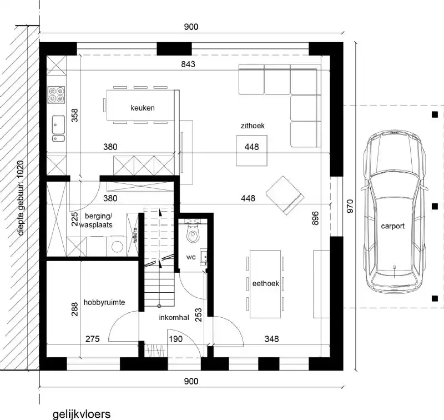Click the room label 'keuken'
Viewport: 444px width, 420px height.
point(143,108)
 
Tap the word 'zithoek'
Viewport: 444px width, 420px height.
point(252,126)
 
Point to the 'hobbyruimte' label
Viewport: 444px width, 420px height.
point(104,302)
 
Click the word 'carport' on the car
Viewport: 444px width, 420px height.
point(393,226)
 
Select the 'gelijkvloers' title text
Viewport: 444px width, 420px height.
point(82,414)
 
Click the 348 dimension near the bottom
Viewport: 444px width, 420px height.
point(271,338)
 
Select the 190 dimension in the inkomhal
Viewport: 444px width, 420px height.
point(175,338)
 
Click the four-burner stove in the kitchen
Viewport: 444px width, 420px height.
point(56,96)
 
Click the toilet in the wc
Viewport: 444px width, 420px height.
point(193,235)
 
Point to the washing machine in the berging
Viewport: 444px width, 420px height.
point(118,244)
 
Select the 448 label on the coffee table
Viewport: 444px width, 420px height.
point(251,148)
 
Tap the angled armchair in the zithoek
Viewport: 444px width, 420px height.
point(284,194)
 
